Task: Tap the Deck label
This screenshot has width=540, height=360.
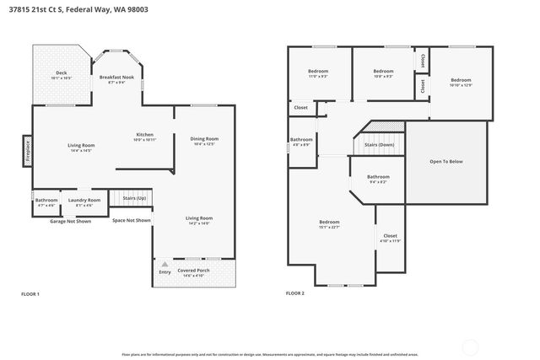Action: point(62,74)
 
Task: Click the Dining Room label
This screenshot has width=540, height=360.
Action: point(205,140)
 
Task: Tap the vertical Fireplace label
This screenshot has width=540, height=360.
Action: point(27,151)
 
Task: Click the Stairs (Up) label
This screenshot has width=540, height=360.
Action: point(135,199)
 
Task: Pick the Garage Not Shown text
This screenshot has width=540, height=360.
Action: point(70,221)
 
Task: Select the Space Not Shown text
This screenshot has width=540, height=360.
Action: point(131,221)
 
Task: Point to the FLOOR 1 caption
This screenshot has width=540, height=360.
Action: point(30,293)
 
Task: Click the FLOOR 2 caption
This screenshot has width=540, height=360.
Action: point(295,293)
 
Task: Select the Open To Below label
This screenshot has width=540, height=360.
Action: point(447,161)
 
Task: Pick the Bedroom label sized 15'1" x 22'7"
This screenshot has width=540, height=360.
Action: point(329,224)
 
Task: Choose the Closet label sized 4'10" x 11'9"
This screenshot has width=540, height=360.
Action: point(390,237)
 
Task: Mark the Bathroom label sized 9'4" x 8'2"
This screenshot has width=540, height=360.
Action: point(378,178)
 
